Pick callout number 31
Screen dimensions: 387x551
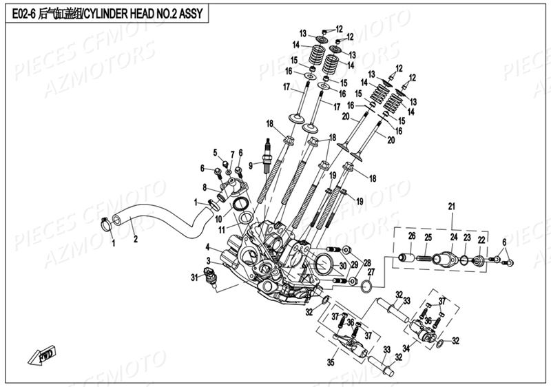(194, 277)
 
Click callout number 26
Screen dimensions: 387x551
(411, 237)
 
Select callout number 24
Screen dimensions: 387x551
(453, 237)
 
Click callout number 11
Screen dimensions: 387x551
(220, 228)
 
